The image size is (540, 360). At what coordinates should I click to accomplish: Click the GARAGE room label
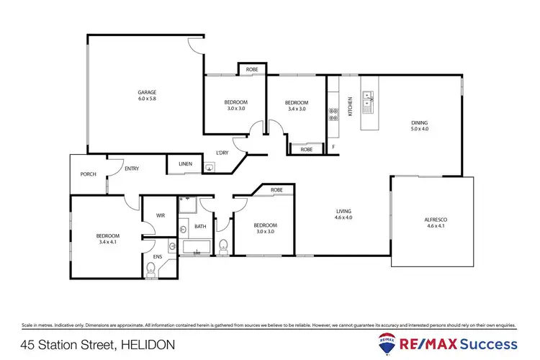pyautogui.click(x=147, y=92)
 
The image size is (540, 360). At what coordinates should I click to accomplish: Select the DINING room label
pyautogui.click(x=419, y=122)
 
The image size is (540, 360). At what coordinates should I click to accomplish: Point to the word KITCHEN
pyautogui.click(x=351, y=106)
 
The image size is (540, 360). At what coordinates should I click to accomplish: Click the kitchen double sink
pyautogui.click(x=368, y=102)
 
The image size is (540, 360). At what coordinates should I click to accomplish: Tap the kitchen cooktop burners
pyautogui.click(x=334, y=114)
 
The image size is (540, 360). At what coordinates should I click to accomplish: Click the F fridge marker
pyautogui.click(x=333, y=148)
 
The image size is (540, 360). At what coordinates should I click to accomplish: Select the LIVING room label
pyautogui.click(x=343, y=211)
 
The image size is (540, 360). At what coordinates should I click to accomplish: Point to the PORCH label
pyautogui.click(x=88, y=174)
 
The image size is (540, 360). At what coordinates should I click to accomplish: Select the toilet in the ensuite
pyautogui.click(x=150, y=269)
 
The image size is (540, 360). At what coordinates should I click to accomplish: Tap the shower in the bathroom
pyautogui.click(x=187, y=206)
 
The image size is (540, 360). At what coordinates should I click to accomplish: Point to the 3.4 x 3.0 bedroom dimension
pyautogui.click(x=296, y=109)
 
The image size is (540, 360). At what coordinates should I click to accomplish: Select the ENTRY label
pyautogui.click(x=132, y=168)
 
